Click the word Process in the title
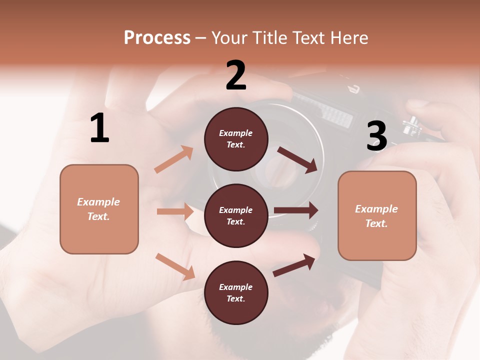tap(157, 38)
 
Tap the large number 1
tap(99, 128)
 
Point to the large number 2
tap(236, 75)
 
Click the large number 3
tap(376, 136)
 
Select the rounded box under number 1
tap(99, 209)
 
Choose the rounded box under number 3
tap(377, 215)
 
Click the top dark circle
tap(236, 139)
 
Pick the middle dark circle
tap(236, 215)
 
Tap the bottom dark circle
tap(236, 292)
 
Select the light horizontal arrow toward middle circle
tap(175, 211)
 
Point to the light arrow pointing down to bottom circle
tap(175, 266)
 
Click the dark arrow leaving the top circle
tap(297, 159)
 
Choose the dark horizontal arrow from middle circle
tap(296, 210)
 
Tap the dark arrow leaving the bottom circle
tap(294, 265)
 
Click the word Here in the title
tap(349, 38)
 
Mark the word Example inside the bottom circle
tap(235, 287)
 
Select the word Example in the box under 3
tap(376, 209)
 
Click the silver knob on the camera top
tap(412, 125)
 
